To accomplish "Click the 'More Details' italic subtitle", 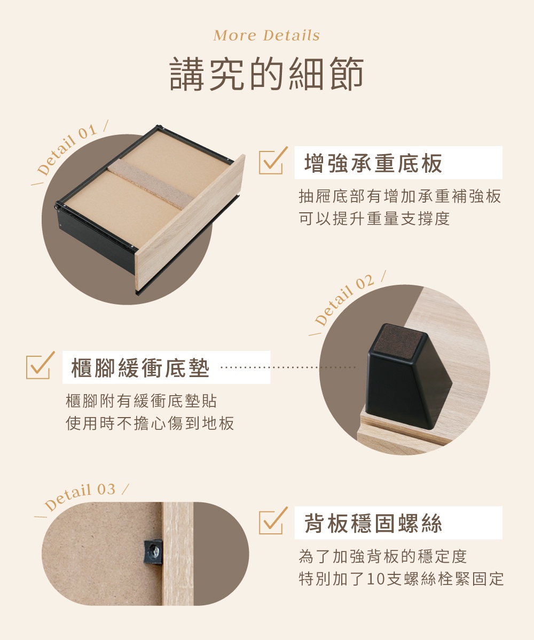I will point(266,36).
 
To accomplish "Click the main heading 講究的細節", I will point(266,75).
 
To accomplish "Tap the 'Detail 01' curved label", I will point(68,150).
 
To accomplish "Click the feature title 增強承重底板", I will point(373,163).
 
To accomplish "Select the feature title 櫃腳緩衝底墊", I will point(140,368).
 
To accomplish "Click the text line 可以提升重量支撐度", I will point(374,218).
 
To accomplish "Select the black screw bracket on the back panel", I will point(153,550).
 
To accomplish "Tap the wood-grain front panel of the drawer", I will point(190,224).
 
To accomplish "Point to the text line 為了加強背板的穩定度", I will point(383,557).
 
